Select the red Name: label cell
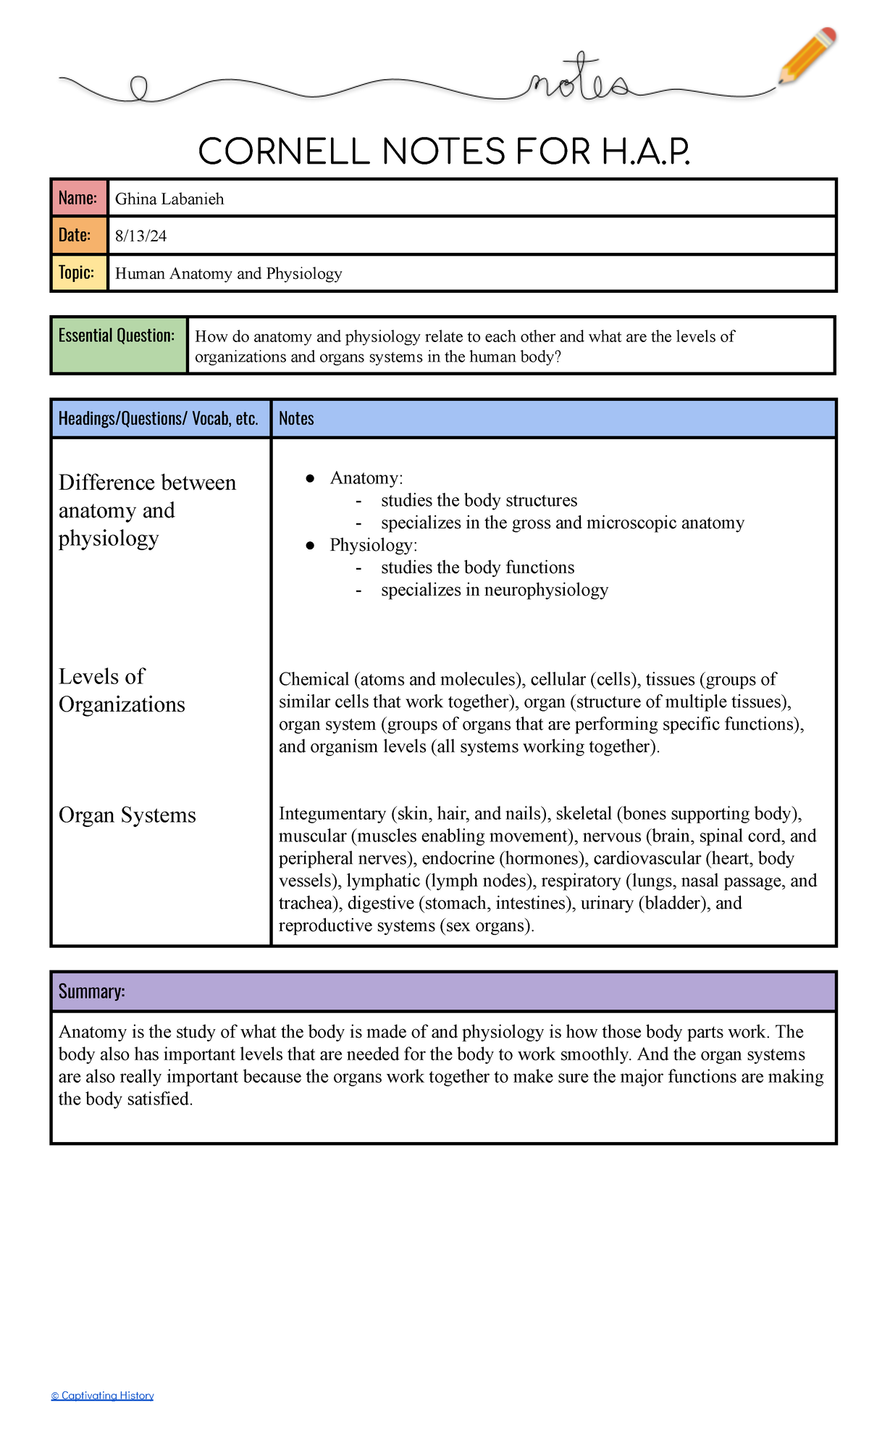pyautogui.click(x=78, y=198)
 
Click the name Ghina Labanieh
pyautogui.click(x=169, y=199)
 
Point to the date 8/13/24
pyautogui.click(x=140, y=236)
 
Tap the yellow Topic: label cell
pyautogui.click(x=78, y=273)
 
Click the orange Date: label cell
pyautogui.click(x=78, y=236)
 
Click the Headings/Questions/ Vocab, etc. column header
pyautogui.click(x=159, y=419)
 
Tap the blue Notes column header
pyautogui.click(x=296, y=419)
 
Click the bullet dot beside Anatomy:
pyautogui.click(x=310, y=478)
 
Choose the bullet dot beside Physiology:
pyautogui.click(x=310, y=546)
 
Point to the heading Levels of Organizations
pyautogui.click(x=122, y=690)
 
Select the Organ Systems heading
pyautogui.click(x=127, y=815)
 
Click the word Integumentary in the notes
pyautogui.click(x=332, y=814)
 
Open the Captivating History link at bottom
pyautogui.click(x=103, y=1395)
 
